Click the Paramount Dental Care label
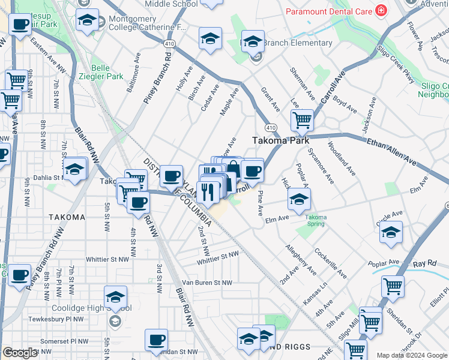[x=328, y=11]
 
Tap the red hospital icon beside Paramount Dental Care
[x=380, y=11]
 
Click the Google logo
[x=20, y=352]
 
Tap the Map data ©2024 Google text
[x=411, y=355]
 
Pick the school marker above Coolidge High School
[x=115, y=296]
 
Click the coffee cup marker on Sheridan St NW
[x=156, y=339]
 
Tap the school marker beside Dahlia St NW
[x=76, y=170]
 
